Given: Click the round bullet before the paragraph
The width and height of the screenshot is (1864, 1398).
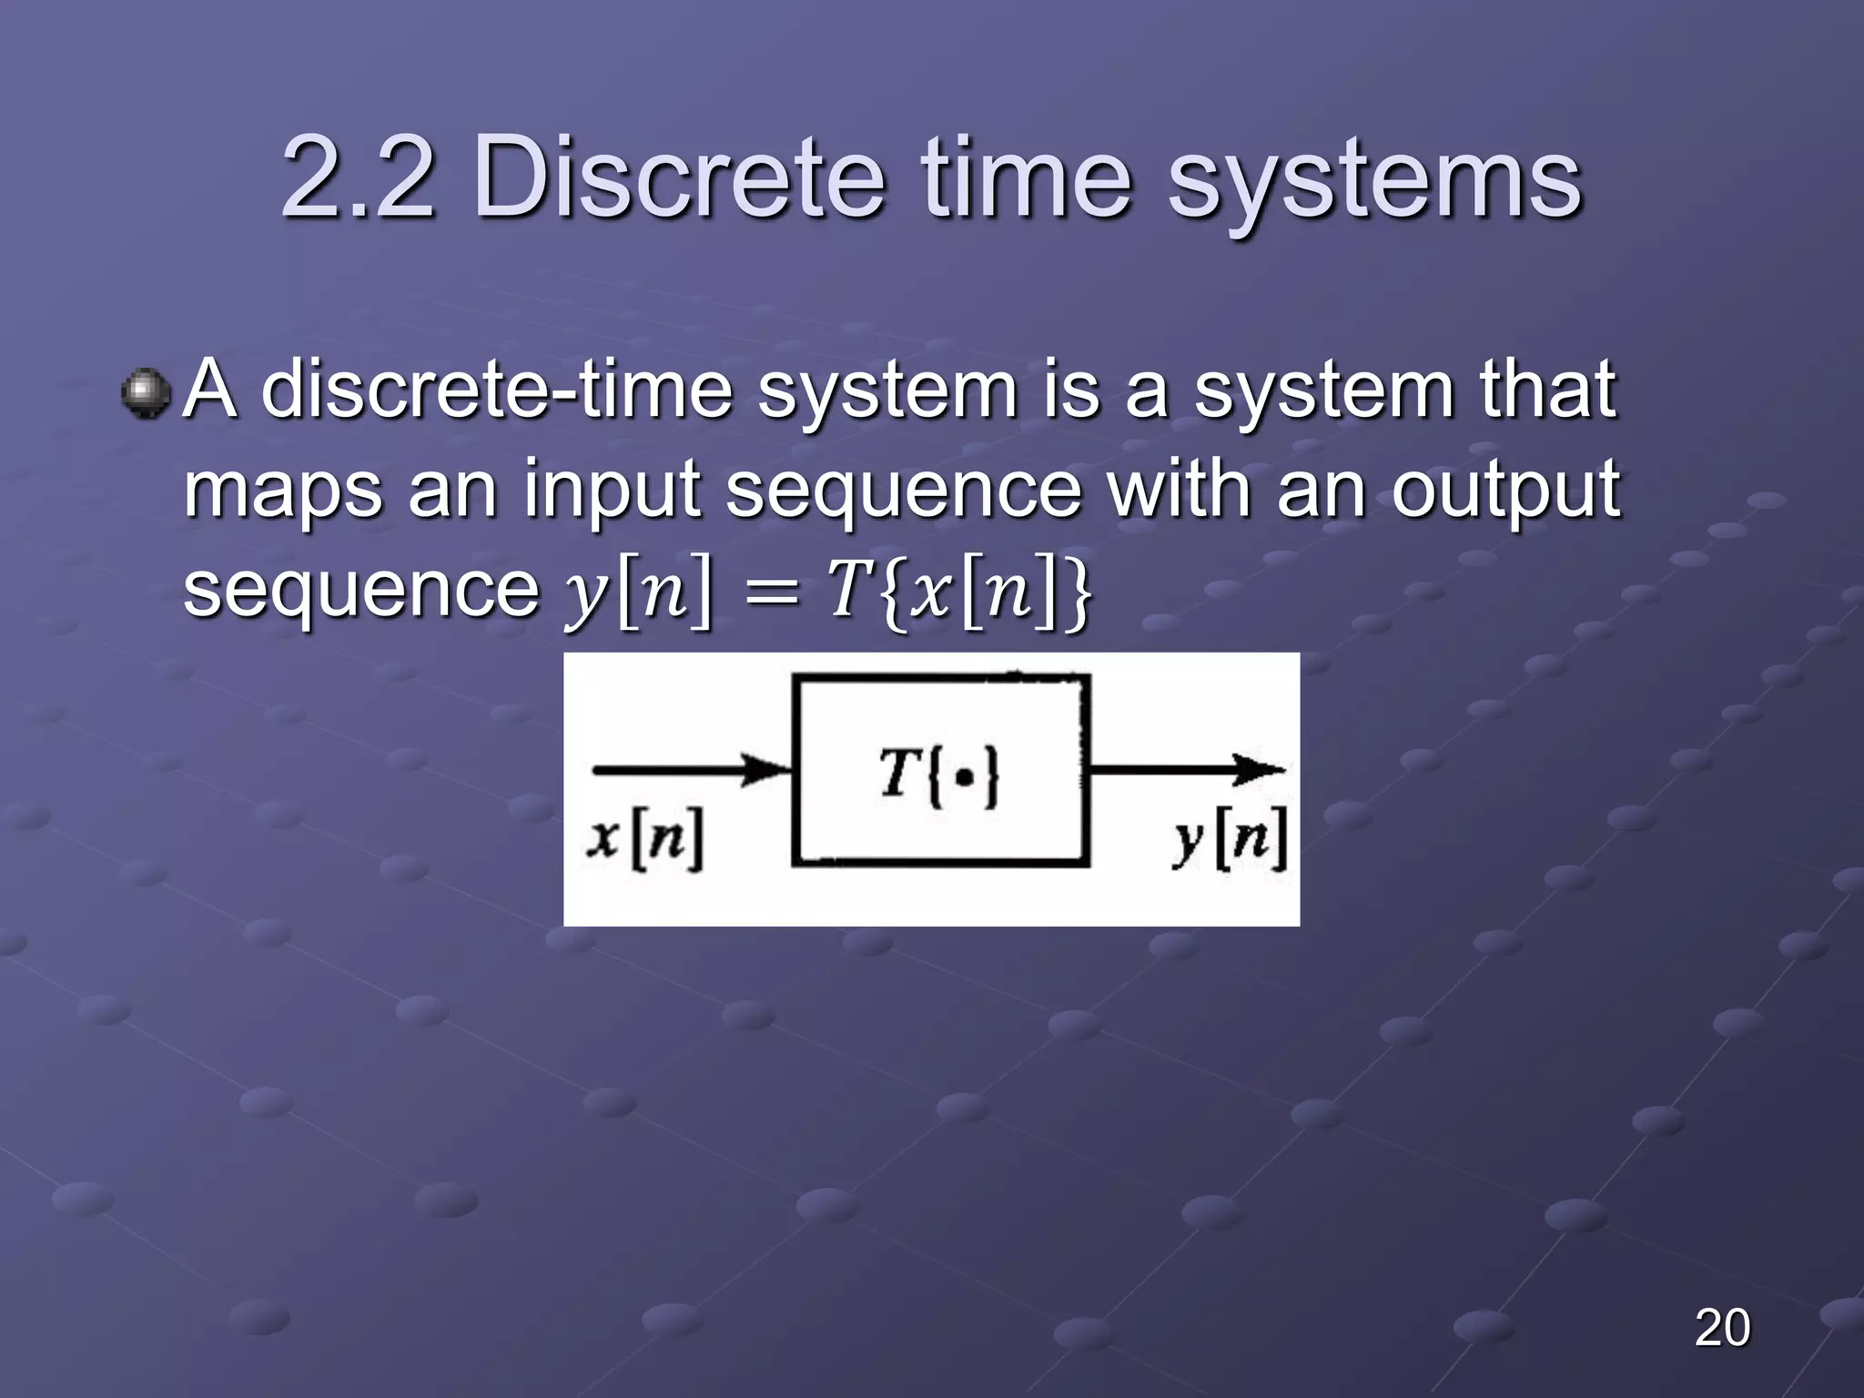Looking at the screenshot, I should [x=146, y=393].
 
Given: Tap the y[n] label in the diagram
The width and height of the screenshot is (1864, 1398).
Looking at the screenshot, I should [x=1230, y=837].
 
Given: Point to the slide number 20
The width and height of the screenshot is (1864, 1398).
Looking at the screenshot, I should [x=1722, y=1327].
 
